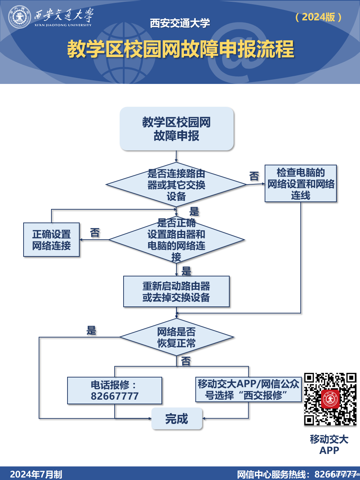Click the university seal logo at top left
pyautogui.click(x=19, y=16)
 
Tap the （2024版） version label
pyautogui.click(x=319, y=17)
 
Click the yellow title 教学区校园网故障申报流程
pyautogui.click(x=180, y=49)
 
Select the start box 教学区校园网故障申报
pyautogui.click(x=176, y=129)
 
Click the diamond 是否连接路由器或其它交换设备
pyautogui.click(x=176, y=185)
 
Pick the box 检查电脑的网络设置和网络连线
pyautogui.click(x=301, y=184)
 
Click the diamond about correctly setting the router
pyautogui.click(x=176, y=240)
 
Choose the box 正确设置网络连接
pyautogui.click(x=51, y=240)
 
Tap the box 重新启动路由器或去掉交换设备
pyautogui.click(x=176, y=291)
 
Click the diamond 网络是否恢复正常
pyautogui.click(x=176, y=337)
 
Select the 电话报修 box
pyautogui.click(x=115, y=390)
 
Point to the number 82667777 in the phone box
pyautogui.click(x=115, y=396)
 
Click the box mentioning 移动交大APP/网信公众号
pyautogui.click(x=249, y=389)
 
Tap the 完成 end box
pyautogui.click(x=177, y=419)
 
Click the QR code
pyautogui.click(x=330, y=399)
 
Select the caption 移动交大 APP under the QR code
pyautogui.click(x=329, y=445)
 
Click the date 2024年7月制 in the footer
pyautogui.click(x=36, y=474)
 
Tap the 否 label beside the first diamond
pyautogui.click(x=254, y=176)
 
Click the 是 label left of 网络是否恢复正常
pyautogui.click(x=91, y=330)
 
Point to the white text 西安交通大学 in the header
pyautogui.click(x=180, y=23)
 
